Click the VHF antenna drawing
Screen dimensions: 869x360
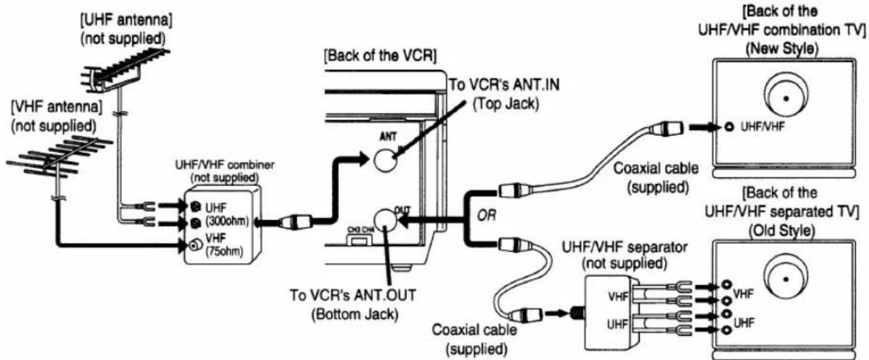click(x=58, y=159)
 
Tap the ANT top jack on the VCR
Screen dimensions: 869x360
click(x=385, y=161)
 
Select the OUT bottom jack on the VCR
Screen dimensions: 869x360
click(x=385, y=221)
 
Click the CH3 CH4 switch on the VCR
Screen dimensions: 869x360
click(x=359, y=241)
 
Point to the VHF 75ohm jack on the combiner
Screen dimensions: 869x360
click(x=195, y=245)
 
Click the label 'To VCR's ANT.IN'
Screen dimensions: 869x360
click(x=504, y=85)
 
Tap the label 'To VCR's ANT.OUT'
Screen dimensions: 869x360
click(x=352, y=295)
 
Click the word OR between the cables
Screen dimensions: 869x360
click(x=486, y=215)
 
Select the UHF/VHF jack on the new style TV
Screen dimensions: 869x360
click(x=730, y=127)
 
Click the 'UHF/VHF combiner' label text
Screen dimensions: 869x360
click(x=224, y=165)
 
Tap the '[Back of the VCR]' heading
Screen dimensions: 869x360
click(x=380, y=56)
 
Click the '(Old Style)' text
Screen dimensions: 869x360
click(x=782, y=231)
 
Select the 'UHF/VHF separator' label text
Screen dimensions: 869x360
click(x=625, y=247)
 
